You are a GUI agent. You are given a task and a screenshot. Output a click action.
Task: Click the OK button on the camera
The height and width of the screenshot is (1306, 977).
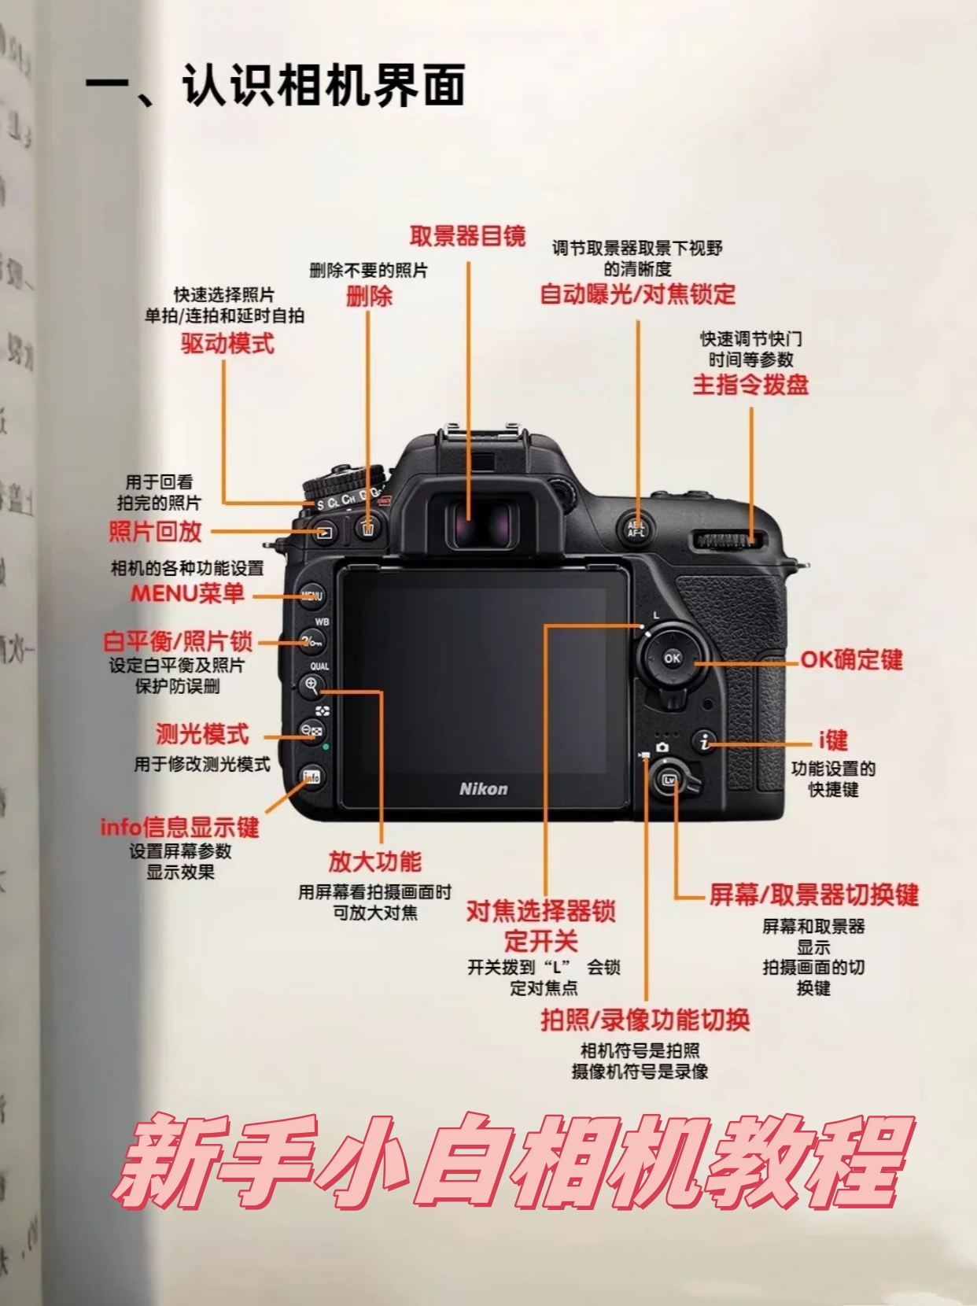(672, 658)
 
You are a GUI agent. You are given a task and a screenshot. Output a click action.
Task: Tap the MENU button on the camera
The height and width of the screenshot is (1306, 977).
(311, 596)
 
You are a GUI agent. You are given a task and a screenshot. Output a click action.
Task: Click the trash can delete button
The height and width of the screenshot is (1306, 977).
(368, 527)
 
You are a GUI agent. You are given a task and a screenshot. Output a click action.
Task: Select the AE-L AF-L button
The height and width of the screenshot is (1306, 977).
(636, 529)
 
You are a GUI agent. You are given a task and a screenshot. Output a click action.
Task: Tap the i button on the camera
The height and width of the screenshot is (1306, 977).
(704, 741)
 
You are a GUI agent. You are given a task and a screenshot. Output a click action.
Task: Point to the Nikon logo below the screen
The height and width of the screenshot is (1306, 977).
(484, 789)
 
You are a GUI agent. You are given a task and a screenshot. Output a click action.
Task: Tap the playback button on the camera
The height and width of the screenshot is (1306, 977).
(324, 533)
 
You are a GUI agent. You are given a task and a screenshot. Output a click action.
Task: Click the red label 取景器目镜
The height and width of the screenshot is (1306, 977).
(468, 236)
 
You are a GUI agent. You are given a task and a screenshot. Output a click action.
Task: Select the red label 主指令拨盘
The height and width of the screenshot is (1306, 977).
(750, 385)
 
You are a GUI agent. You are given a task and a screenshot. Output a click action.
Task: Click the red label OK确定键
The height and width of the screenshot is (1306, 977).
(851, 660)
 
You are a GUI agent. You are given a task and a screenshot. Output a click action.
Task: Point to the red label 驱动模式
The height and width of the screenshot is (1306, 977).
(228, 343)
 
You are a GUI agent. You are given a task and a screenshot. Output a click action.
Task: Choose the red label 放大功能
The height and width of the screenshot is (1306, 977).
(375, 861)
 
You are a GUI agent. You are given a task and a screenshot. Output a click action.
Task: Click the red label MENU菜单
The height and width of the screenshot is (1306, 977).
(187, 593)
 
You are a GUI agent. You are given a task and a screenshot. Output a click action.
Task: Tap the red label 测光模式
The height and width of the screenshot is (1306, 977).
(203, 734)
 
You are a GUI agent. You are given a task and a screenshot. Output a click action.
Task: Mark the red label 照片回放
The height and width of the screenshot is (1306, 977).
(155, 531)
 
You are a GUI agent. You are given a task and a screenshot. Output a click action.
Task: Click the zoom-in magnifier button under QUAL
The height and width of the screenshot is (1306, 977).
(311, 686)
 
